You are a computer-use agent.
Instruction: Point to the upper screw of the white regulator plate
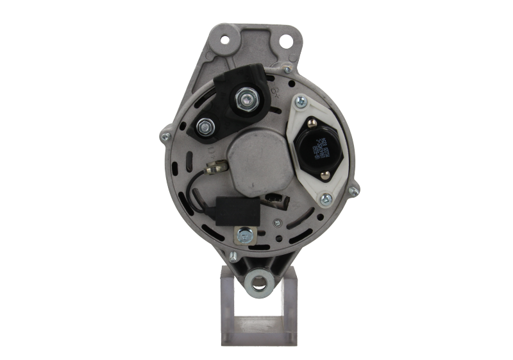tap(300, 101)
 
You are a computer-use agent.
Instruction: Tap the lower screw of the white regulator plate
tap(326, 198)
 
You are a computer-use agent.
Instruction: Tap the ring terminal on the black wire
tap(211, 169)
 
